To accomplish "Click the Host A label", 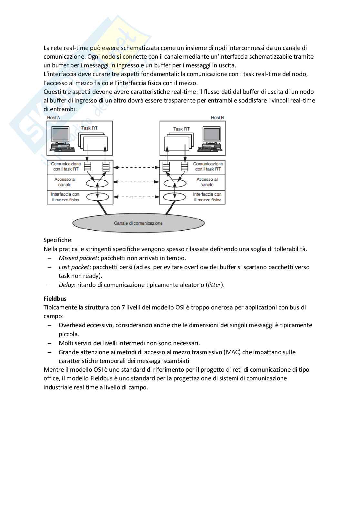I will pos(54,118).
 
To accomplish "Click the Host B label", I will pos(217,118).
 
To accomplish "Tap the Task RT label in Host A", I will pos(89,128).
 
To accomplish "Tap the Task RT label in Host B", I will pos(181,129).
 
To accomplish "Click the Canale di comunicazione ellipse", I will pos(138,223).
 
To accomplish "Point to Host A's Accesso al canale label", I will pos(65,182).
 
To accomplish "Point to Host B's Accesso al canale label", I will pos(207,182).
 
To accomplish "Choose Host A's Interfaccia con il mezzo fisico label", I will pos(65,197).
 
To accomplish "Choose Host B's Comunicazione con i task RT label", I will pos(208,166).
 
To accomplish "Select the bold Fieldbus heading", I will pos(55,299).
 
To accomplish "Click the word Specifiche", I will pos(58,240).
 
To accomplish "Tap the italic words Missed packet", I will pos(78,258).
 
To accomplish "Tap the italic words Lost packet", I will pos(74,267).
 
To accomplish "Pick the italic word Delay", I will pos(66,285).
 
